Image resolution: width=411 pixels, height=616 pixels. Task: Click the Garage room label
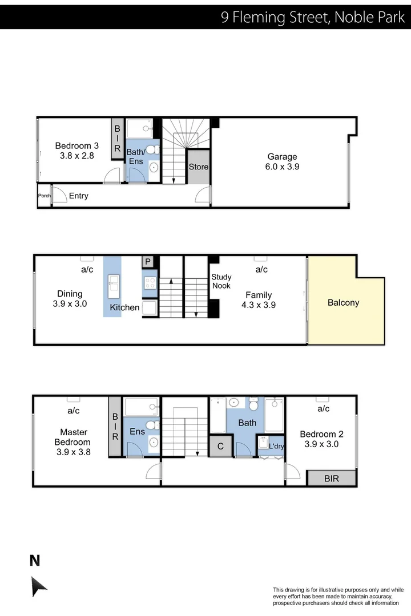pyautogui.click(x=282, y=157)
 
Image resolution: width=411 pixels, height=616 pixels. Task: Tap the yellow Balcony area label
pyautogui.click(x=343, y=303)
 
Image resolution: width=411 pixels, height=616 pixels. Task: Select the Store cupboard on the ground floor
pyautogui.click(x=199, y=167)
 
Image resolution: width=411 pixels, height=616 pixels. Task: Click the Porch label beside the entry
pyautogui.click(x=44, y=196)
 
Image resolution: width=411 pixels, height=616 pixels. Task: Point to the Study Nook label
pyautogui.click(x=221, y=281)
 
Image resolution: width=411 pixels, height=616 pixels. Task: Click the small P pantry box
pyautogui.click(x=148, y=262)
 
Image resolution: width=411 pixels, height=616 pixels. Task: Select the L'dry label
pyautogui.click(x=276, y=446)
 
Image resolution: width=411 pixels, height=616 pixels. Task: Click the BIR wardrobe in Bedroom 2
pyautogui.click(x=331, y=479)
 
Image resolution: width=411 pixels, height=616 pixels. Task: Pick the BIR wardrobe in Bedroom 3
pyautogui.click(x=117, y=139)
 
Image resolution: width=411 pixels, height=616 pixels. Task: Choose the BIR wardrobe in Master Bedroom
pyautogui.click(x=115, y=427)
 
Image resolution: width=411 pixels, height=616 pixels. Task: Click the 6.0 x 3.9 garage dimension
pyautogui.click(x=282, y=167)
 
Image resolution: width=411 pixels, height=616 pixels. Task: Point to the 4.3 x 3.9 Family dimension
pyautogui.click(x=259, y=305)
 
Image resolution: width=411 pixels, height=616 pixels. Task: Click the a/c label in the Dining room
pyautogui.click(x=87, y=269)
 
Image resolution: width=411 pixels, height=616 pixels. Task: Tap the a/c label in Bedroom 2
pyautogui.click(x=323, y=409)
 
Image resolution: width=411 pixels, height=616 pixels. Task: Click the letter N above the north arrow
pyautogui.click(x=35, y=561)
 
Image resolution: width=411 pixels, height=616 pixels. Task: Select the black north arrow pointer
pyautogui.click(x=39, y=586)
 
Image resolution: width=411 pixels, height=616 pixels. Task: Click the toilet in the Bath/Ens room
pyautogui.click(x=152, y=150)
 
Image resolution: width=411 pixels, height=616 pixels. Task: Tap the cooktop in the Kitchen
pyautogui.click(x=150, y=282)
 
